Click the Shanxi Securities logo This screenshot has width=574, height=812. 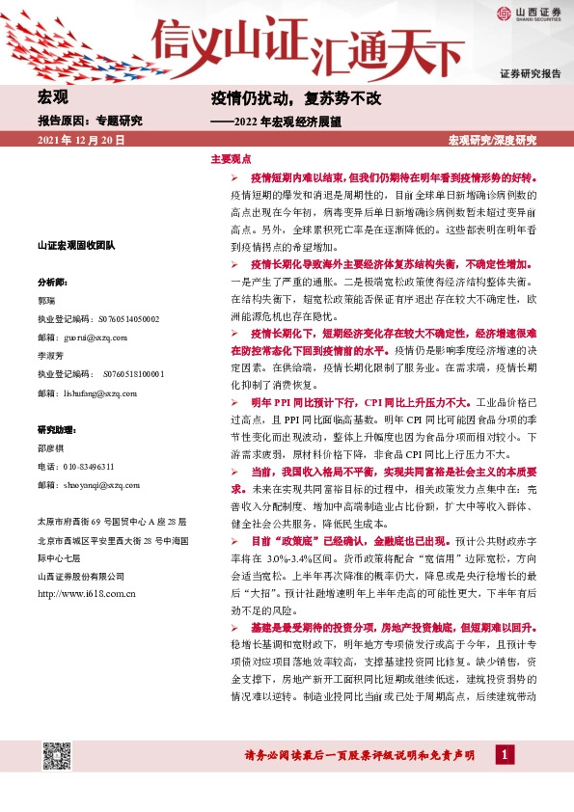530,14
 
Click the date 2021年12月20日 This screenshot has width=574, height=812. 81,141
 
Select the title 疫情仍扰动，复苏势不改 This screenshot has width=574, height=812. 297,98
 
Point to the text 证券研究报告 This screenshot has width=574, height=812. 530,74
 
